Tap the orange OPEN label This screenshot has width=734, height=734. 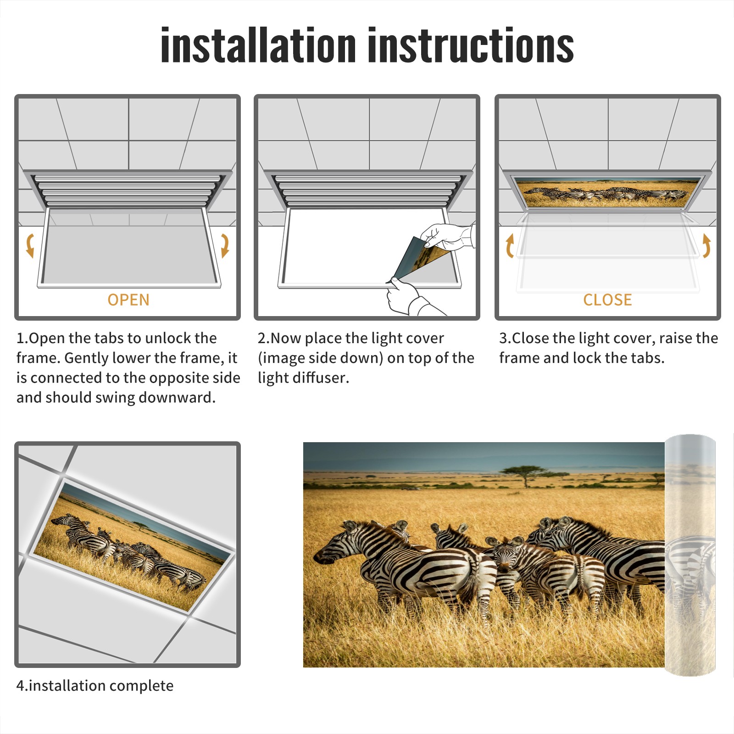[x=128, y=300]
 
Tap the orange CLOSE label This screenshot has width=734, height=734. [x=607, y=300]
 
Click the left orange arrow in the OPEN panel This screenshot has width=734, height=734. [x=30, y=245]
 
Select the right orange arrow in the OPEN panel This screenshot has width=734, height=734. [x=225, y=245]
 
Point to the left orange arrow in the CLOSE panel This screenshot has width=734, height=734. [x=510, y=245]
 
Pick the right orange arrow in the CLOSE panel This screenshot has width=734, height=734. [x=706, y=245]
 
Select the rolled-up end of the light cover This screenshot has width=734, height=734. [x=690, y=555]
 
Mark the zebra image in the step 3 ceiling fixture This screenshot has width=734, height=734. [x=607, y=192]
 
